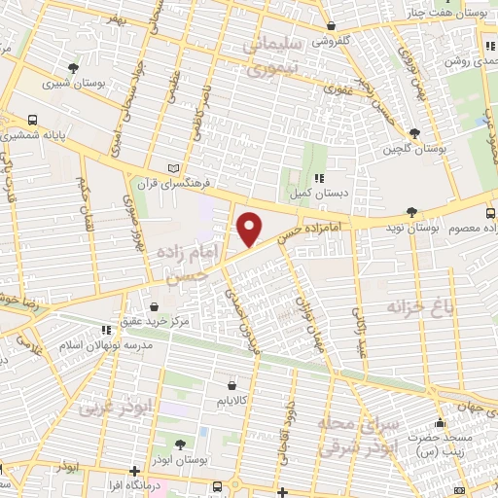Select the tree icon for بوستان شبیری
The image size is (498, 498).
(74, 68)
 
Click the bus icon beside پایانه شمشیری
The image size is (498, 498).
(34, 121)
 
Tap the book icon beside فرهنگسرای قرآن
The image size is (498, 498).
(175, 167)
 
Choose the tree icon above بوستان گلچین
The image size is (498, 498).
(415, 133)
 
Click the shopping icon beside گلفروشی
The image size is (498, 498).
(332, 26)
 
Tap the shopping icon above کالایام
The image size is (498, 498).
(231, 384)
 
